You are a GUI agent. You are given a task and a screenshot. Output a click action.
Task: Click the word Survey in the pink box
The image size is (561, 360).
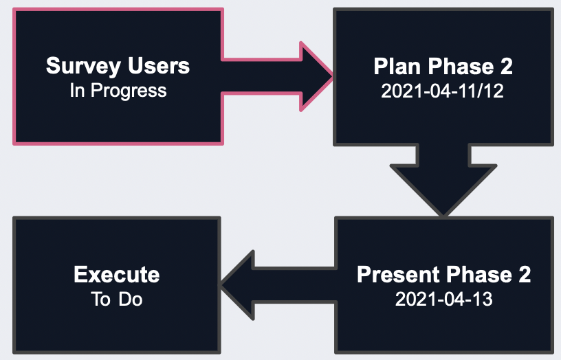[x=83, y=67]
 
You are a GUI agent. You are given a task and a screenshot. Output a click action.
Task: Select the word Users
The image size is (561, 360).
[x=159, y=66]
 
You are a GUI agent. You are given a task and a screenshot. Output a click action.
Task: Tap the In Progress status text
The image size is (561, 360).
[x=118, y=91]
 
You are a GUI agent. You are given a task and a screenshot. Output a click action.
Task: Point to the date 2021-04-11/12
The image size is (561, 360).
[x=442, y=91]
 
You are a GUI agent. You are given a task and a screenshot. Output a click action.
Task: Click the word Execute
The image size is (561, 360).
[x=117, y=275]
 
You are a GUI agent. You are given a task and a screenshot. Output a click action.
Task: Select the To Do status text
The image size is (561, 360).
[x=117, y=299]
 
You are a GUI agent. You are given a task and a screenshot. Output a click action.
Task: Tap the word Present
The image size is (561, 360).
[x=398, y=275]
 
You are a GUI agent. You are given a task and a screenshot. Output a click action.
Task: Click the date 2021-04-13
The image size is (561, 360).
[x=443, y=299]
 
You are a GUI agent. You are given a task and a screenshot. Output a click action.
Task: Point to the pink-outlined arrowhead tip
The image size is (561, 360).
[x=332, y=76]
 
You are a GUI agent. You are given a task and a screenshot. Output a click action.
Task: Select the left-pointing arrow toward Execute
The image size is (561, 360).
[x=278, y=285]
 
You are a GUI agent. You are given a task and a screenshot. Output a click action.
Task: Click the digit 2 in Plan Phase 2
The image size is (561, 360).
[x=506, y=67]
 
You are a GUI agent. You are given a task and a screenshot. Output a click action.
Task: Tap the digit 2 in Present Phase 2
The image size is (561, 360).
[x=525, y=275]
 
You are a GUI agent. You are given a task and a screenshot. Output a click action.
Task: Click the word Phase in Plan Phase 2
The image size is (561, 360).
[x=461, y=67]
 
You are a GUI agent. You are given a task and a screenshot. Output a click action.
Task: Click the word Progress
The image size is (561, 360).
[x=129, y=91]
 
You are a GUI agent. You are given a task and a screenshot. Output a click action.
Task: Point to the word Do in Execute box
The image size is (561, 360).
[x=131, y=299]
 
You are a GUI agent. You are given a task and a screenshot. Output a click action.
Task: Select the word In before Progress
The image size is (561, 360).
[x=77, y=90]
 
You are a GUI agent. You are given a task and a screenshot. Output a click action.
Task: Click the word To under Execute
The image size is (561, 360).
[x=100, y=299]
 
